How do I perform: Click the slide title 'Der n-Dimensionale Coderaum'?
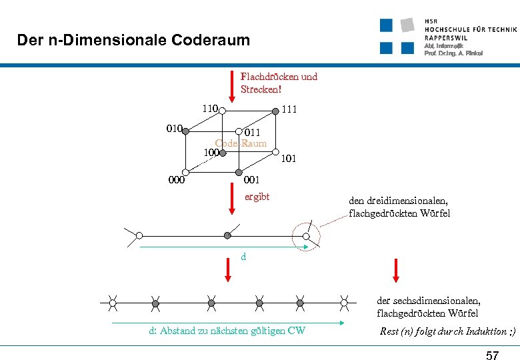coord(133,40)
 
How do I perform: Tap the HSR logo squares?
coord(399,36)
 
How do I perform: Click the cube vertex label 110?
coord(211,108)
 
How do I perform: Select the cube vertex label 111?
coord(289,109)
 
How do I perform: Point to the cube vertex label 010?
coord(175,127)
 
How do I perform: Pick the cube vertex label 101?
coord(289,159)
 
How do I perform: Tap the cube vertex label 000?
coord(177,179)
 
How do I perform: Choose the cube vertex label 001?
coord(252,179)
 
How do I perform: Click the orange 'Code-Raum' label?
coord(241,143)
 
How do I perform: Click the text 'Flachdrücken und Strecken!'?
coord(279,83)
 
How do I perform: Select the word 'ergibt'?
coord(257,197)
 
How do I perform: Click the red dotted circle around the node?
coord(306,235)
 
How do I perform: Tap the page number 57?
coord(492,355)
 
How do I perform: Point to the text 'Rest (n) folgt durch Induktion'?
coord(447,331)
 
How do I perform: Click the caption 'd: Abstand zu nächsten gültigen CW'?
coord(227,331)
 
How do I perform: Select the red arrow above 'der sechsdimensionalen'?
coord(396,270)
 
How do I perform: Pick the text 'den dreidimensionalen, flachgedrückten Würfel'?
coord(399,207)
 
